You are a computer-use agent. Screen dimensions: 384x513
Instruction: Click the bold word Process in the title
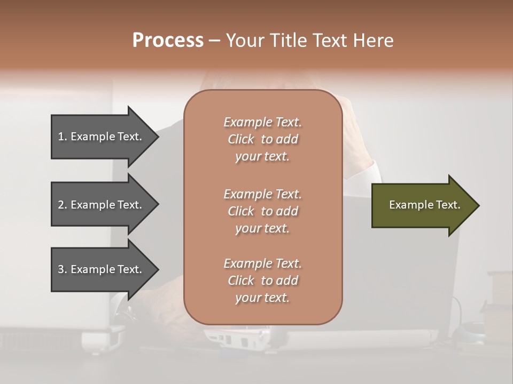[x=168, y=41]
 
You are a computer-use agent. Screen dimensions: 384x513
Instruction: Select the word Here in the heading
[x=374, y=41]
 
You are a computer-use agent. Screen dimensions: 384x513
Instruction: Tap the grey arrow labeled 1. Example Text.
[x=102, y=137]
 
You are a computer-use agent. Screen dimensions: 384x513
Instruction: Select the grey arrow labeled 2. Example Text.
[x=102, y=205]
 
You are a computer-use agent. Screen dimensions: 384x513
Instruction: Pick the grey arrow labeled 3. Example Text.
[x=102, y=269]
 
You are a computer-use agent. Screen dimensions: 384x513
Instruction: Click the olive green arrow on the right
[x=422, y=205]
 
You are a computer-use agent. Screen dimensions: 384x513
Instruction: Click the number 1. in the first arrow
[x=63, y=137]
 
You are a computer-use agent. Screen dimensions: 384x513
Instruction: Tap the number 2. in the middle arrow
[x=63, y=205]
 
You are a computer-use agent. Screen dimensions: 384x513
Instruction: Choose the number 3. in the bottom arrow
[x=63, y=269]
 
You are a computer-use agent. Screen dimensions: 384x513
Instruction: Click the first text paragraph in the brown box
[x=262, y=139]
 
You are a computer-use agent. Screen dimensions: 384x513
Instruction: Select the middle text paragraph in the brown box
[x=262, y=211]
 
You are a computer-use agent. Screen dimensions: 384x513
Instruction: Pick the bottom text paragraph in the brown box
[x=262, y=281]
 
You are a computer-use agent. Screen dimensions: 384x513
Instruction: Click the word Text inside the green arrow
[x=448, y=205]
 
